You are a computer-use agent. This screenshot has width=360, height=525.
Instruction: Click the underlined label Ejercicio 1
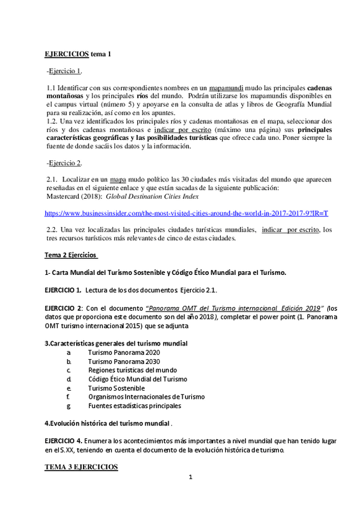65,71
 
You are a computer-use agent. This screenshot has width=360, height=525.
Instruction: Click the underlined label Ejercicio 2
65,163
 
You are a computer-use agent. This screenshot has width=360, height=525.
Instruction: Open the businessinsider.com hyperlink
186,213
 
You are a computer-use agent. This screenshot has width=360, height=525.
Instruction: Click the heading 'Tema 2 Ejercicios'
71,255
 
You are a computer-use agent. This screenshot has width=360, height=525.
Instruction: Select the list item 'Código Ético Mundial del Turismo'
137,379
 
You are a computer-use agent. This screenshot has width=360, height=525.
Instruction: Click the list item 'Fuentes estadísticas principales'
134,406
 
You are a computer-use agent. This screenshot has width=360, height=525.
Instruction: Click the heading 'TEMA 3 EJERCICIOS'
81,467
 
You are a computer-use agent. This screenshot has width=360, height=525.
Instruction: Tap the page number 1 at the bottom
191,477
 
